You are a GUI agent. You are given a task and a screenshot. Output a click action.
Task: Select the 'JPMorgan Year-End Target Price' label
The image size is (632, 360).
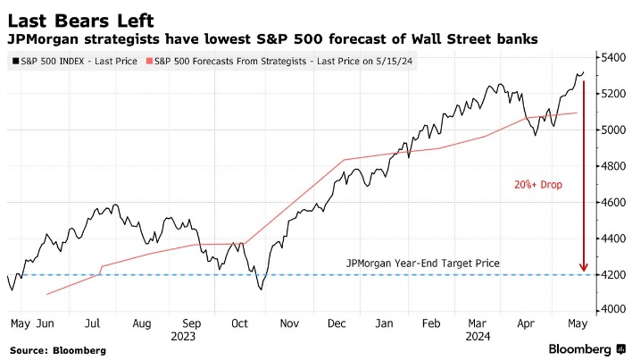423,264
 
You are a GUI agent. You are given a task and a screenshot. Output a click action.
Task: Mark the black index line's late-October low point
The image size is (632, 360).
261,289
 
